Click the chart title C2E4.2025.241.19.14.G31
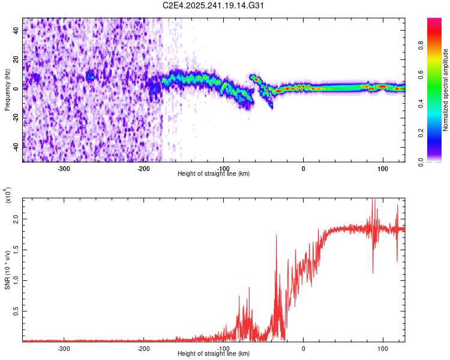[x=214, y=5]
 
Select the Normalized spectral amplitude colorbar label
[x=446, y=90]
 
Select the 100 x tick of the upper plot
[x=383, y=168]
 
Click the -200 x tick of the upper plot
[x=143, y=168]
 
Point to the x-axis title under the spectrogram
[x=214, y=174]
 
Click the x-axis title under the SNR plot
[x=214, y=354]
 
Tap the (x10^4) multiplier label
[x=8, y=196]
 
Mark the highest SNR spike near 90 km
[x=373, y=200]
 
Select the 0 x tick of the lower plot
[x=303, y=348]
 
